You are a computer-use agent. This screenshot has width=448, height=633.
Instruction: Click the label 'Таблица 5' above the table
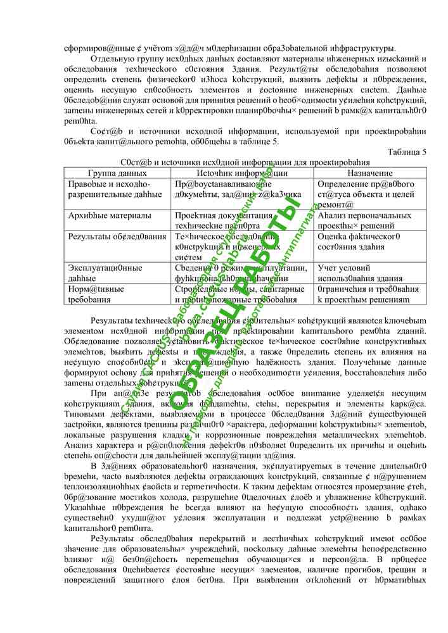click(406, 152)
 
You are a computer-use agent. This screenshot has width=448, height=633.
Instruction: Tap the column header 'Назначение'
click(369, 173)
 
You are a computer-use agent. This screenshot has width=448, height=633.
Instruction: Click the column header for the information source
click(243, 173)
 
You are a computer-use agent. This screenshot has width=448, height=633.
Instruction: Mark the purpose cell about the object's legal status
click(365, 194)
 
